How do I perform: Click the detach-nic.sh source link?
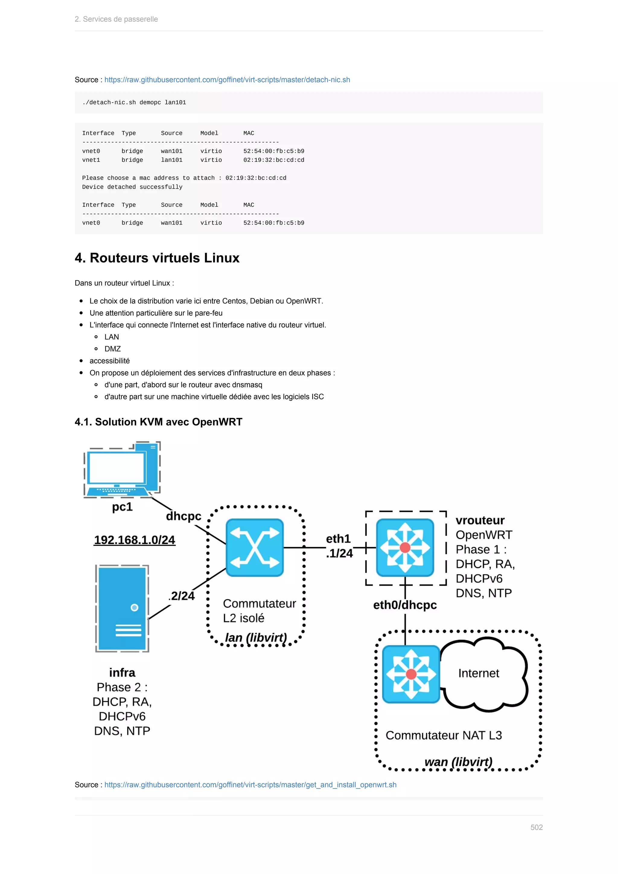click(x=227, y=80)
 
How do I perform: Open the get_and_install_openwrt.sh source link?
click(x=250, y=785)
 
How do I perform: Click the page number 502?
click(x=536, y=827)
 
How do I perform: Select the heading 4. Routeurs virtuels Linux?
click(x=157, y=258)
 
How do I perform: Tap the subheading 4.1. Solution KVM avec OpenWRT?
click(x=158, y=422)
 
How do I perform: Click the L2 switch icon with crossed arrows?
click(x=255, y=547)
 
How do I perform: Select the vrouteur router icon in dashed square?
click(x=405, y=547)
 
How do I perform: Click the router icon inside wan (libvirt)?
click(x=411, y=674)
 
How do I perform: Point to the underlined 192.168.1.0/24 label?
click(x=134, y=540)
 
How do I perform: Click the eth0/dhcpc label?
click(x=405, y=605)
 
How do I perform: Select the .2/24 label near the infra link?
click(x=182, y=596)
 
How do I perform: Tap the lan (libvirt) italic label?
click(x=256, y=638)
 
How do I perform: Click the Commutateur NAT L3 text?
click(x=444, y=735)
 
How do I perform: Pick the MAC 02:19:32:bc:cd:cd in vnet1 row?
click(x=274, y=160)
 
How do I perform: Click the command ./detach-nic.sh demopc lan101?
click(x=134, y=102)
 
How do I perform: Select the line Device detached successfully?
click(x=132, y=187)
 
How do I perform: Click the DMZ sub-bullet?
click(x=113, y=349)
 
